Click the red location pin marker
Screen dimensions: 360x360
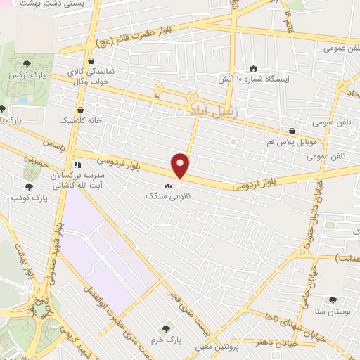click(x=181, y=165)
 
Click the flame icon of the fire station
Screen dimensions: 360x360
click(x=252, y=68)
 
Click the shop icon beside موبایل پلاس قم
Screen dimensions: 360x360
click(x=292, y=130)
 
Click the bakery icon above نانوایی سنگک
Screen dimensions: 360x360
click(x=167, y=186)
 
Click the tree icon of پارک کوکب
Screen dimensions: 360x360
click(x=30, y=187)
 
